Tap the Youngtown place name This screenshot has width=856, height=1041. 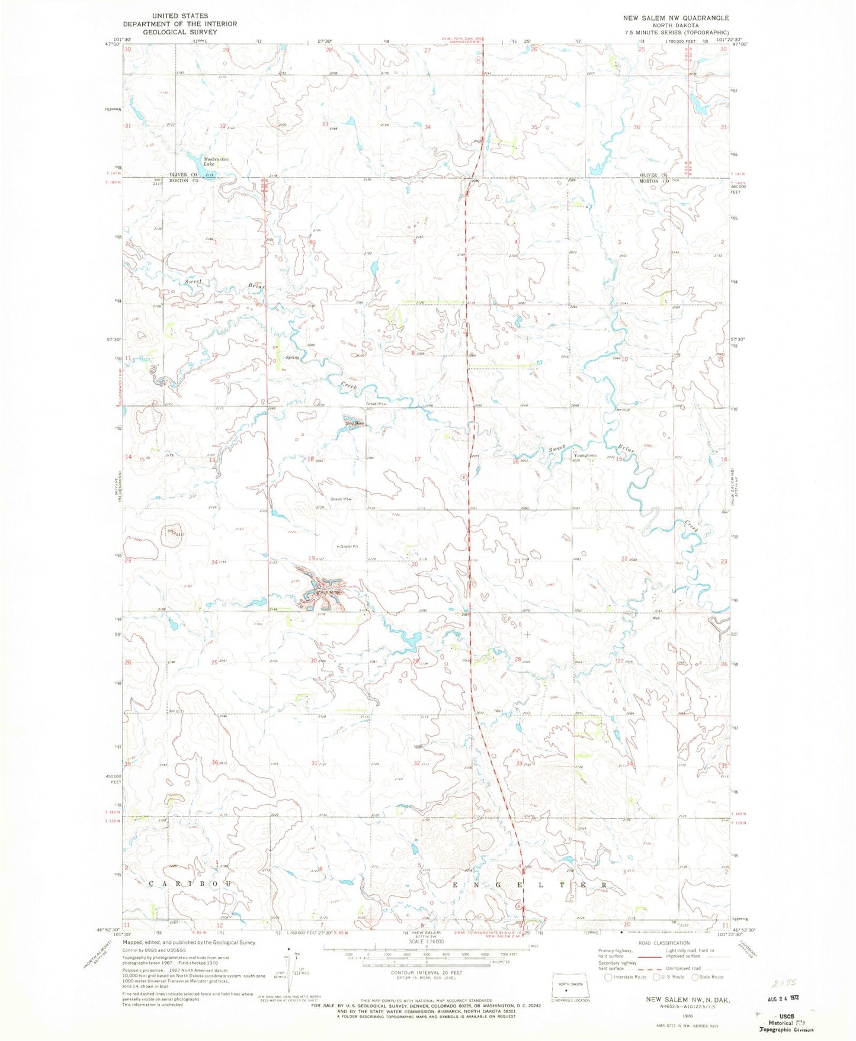point(588,456)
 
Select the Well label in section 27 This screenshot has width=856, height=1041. point(656,618)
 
